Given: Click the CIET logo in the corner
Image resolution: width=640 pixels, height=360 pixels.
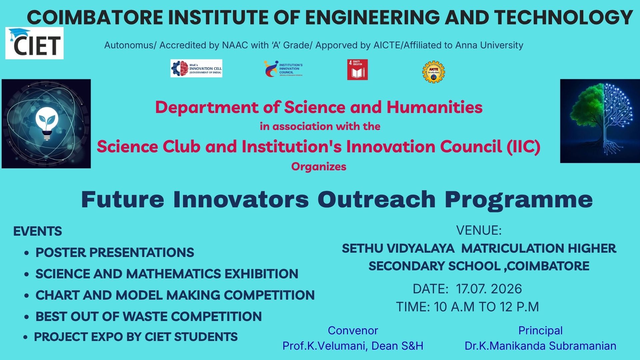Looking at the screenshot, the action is click(x=34, y=43).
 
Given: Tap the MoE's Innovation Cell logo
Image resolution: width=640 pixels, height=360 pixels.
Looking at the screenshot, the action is click(x=196, y=68).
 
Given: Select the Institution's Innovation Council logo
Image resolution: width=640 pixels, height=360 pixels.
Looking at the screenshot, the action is click(x=283, y=69).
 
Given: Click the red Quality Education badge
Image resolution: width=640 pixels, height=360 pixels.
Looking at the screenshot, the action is click(x=357, y=70).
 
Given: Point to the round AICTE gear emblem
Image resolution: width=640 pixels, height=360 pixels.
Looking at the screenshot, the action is click(x=434, y=72).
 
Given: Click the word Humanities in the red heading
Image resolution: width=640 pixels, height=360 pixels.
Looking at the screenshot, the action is click(x=435, y=107).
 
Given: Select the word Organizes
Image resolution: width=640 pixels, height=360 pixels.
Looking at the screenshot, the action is click(x=319, y=167).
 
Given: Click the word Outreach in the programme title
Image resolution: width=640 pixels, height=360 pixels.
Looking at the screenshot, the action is click(x=377, y=199).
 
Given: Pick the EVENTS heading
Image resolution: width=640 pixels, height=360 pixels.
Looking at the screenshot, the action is click(x=38, y=231).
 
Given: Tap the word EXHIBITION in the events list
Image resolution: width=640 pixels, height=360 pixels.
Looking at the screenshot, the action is click(x=261, y=274).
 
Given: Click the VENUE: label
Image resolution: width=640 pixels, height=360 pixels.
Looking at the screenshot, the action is click(x=479, y=230).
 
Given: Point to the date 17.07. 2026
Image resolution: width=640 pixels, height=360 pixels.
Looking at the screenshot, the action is click(x=489, y=289).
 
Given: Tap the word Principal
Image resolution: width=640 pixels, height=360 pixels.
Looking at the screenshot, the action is click(x=540, y=331).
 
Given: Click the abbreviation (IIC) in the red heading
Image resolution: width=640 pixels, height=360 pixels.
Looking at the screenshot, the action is click(x=524, y=147).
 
